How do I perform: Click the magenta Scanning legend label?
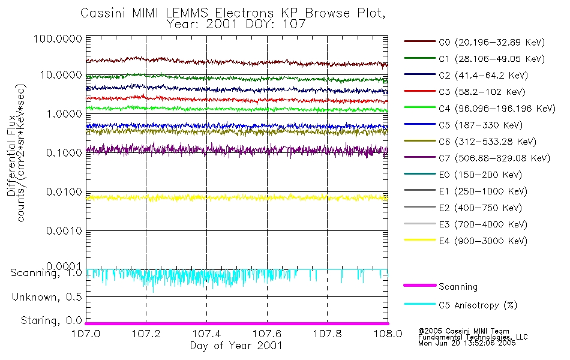458,287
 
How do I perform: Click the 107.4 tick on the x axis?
206,334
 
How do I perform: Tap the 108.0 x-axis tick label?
388,334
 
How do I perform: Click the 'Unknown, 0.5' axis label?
46,297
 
